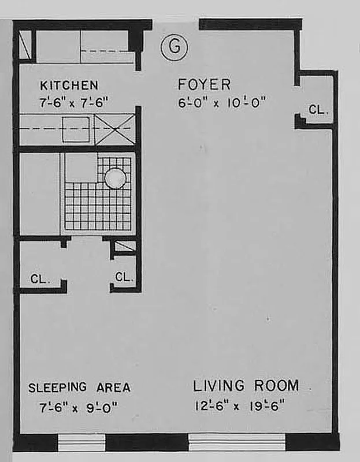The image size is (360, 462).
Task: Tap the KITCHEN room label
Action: (x=69, y=85)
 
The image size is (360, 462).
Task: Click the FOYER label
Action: (x=205, y=85)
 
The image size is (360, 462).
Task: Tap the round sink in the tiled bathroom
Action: (x=114, y=177)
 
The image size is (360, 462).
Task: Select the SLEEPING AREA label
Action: (x=79, y=388)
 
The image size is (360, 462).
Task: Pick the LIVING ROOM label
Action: (x=246, y=386)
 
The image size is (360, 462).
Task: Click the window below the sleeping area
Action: (x=81, y=442)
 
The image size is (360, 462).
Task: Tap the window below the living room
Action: (x=237, y=442)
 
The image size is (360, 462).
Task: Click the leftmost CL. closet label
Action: (x=40, y=279)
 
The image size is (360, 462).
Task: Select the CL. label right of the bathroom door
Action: (x=124, y=277)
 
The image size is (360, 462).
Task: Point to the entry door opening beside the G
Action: (x=176, y=24)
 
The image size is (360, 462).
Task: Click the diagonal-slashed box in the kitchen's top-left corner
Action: (x=25, y=44)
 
